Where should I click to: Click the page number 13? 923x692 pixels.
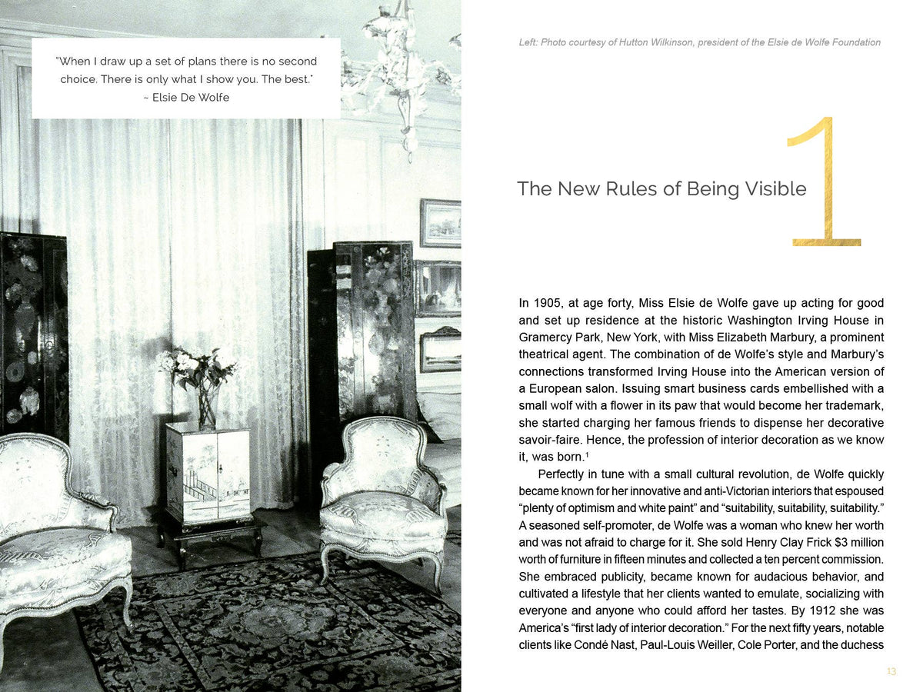coord(891,672)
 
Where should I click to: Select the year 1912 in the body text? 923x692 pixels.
coord(832,610)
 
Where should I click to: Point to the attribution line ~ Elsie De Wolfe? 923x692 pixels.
coord(186,98)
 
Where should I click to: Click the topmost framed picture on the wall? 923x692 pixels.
coord(441,223)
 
